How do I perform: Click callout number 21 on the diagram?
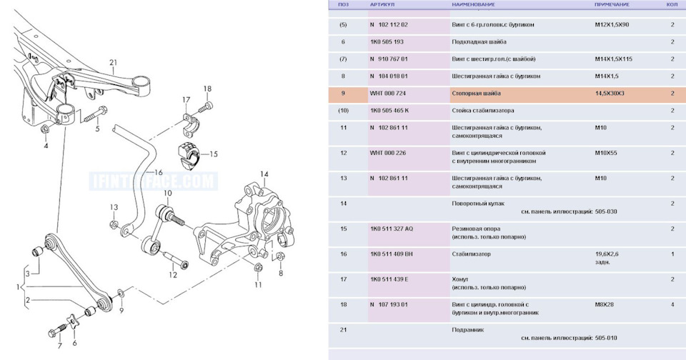(114, 63)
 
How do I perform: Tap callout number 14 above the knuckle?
(264, 174)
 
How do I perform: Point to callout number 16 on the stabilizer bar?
(159, 172)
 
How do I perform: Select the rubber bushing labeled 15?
(189, 156)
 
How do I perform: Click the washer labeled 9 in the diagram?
(121, 292)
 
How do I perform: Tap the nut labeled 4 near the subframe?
(44, 129)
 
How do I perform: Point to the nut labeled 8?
(281, 256)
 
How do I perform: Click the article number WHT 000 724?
(387, 94)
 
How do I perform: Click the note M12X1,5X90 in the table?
(612, 25)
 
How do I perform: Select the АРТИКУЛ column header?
(382, 4)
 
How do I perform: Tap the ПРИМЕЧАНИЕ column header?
(612, 4)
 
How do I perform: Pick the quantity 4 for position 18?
(672, 304)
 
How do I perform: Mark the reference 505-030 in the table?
(606, 211)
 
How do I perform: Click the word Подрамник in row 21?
(467, 330)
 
